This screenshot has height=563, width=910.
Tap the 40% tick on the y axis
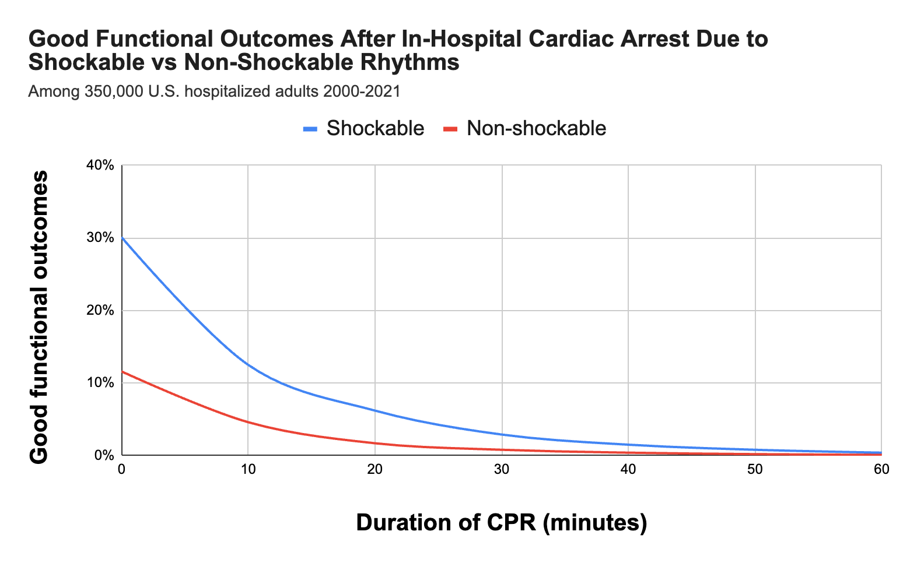tap(100, 166)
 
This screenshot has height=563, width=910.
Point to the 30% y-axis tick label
tap(100, 238)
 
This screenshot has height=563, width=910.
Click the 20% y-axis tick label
tap(100, 310)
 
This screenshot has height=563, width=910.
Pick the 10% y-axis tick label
tap(100, 383)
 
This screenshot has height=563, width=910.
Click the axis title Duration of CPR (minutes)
tap(501, 522)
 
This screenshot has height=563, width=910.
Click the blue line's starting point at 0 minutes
tap(122, 238)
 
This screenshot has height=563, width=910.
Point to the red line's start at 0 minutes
tap(122, 371)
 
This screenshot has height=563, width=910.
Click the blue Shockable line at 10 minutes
tap(248, 364)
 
